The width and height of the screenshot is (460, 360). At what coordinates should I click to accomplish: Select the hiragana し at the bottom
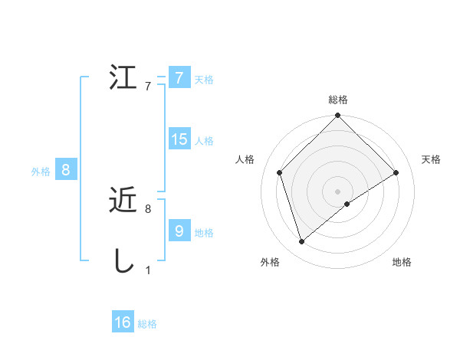[x=123, y=261]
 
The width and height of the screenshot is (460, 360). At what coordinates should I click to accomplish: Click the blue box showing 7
[x=179, y=78]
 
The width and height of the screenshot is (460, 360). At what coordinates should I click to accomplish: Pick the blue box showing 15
[x=179, y=139]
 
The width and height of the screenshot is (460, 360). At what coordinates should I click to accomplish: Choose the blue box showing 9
[x=179, y=231]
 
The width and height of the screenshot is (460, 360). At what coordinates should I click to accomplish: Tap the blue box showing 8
[x=66, y=170]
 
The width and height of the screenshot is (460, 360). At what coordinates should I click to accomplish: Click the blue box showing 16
[x=123, y=322]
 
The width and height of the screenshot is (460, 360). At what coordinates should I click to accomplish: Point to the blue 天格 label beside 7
[x=204, y=79]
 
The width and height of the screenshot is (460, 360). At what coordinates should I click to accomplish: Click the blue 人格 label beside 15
[x=204, y=141]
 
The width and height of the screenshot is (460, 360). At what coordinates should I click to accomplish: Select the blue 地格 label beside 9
[x=204, y=232]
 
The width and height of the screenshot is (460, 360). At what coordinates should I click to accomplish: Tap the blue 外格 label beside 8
[x=41, y=172]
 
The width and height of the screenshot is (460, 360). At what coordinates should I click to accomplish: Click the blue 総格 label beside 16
[x=147, y=324]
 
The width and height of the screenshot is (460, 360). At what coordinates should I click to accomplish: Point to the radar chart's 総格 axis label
[x=338, y=100]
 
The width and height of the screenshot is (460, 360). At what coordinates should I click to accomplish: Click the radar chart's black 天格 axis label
[x=432, y=159]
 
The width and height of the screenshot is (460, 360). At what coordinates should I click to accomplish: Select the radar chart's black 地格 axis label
[x=402, y=262]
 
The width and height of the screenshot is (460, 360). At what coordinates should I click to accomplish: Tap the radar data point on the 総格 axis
[x=338, y=116]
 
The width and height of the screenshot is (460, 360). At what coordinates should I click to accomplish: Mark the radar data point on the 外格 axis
[x=302, y=242]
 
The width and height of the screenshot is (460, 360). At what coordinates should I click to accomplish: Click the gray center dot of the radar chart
[x=338, y=191]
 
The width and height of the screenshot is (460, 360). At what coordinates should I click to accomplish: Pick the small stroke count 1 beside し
[x=148, y=270]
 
